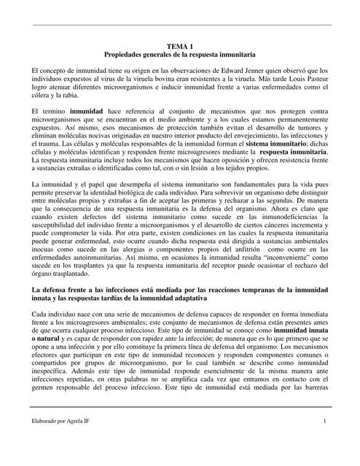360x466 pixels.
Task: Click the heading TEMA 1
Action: (179, 47)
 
